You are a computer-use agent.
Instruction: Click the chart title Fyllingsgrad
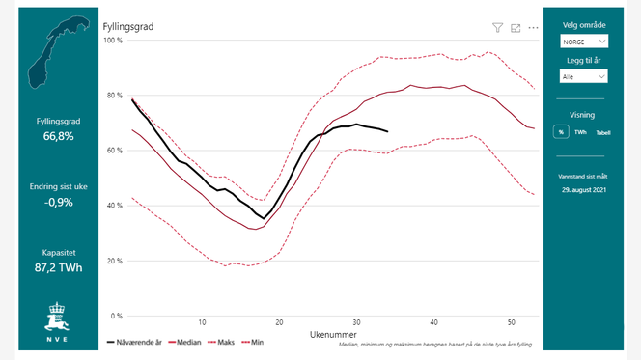(128, 27)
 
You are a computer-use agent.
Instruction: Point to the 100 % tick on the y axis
(113, 41)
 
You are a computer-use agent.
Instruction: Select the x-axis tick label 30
(356, 322)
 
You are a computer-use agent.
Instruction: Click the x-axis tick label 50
(512, 322)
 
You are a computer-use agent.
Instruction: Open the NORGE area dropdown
(585, 42)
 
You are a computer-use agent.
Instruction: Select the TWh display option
(580, 132)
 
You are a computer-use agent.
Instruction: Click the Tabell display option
(602, 132)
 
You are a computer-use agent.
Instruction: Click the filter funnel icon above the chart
(498, 28)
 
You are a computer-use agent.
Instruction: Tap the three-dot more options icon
(533, 28)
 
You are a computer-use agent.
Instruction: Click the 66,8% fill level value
(59, 137)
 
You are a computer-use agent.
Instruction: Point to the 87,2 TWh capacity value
(59, 266)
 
